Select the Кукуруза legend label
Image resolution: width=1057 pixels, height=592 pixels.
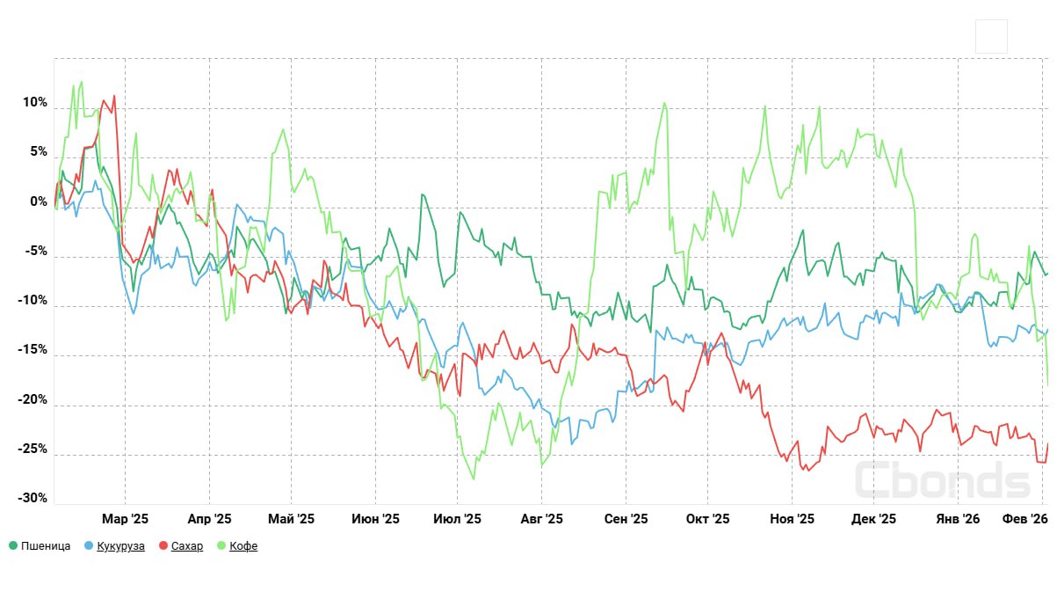tap(120, 546)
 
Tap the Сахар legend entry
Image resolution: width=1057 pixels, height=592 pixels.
tap(186, 546)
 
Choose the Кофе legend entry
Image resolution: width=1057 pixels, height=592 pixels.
tap(243, 546)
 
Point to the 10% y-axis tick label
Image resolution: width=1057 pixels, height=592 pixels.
tap(35, 103)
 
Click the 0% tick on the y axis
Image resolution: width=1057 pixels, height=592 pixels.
tap(40, 201)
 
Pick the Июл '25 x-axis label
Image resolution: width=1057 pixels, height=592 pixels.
tap(457, 519)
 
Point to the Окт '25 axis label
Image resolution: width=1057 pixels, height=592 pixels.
tap(707, 519)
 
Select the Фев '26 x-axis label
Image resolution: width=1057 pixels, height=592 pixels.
tap(1026, 519)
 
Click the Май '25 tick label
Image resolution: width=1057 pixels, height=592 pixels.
tap(291, 519)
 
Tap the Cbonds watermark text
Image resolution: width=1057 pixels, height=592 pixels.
tap(942, 480)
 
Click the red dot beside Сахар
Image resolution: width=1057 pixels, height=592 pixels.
tap(163, 546)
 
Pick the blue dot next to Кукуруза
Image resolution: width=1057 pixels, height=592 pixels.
tap(89, 546)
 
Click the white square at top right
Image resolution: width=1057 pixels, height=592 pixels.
tap(991, 37)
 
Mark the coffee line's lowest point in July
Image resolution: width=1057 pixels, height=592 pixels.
tap(474, 479)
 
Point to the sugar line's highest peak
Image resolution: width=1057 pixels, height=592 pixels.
tap(114, 95)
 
